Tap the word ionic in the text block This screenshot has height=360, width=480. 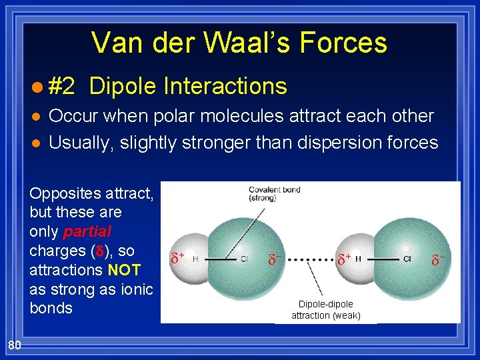click(137, 289)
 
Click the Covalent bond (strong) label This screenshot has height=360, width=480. click(274, 193)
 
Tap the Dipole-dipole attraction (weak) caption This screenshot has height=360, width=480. click(325, 309)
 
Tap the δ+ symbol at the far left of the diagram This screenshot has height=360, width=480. click(177, 257)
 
